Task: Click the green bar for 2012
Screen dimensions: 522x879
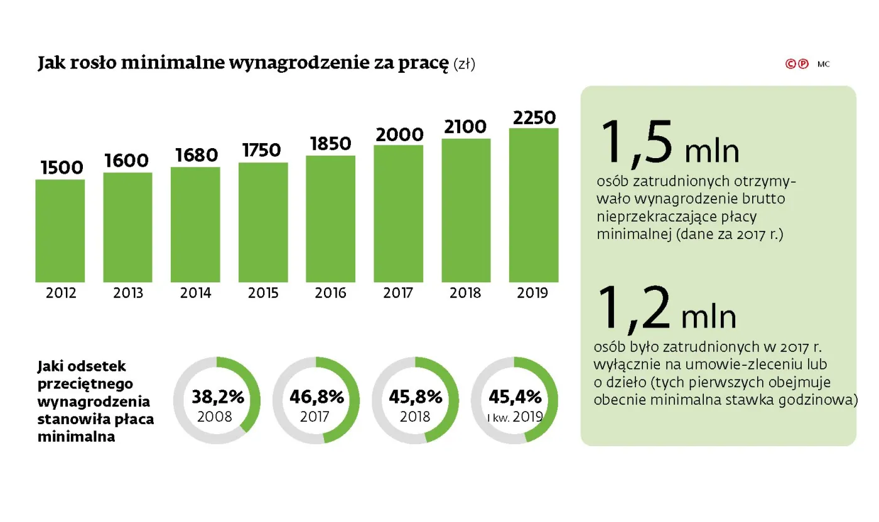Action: coord(60,230)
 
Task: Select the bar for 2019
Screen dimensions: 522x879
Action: coord(534,205)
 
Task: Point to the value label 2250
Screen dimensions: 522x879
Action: coord(534,117)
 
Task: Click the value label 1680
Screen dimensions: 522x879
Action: coord(195,155)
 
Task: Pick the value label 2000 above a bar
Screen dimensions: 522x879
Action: coord(399,134)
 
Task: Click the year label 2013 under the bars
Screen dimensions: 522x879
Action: coord(127,293)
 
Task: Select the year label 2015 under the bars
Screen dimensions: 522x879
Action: coord(263,293)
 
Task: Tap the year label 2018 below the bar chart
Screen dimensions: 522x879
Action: coord(465,293)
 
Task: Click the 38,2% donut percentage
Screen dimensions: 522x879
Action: coord(217,397)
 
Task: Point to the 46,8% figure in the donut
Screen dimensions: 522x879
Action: coord(316,397)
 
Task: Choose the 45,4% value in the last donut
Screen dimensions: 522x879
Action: coord(515,397)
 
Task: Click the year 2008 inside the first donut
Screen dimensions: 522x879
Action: coord(216,417)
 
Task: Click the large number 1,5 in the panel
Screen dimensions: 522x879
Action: coord(635,146)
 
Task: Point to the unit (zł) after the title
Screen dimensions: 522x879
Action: coord(464,65)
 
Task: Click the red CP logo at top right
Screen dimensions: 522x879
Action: coord(797,64)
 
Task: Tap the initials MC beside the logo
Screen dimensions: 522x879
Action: coord(823,64)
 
